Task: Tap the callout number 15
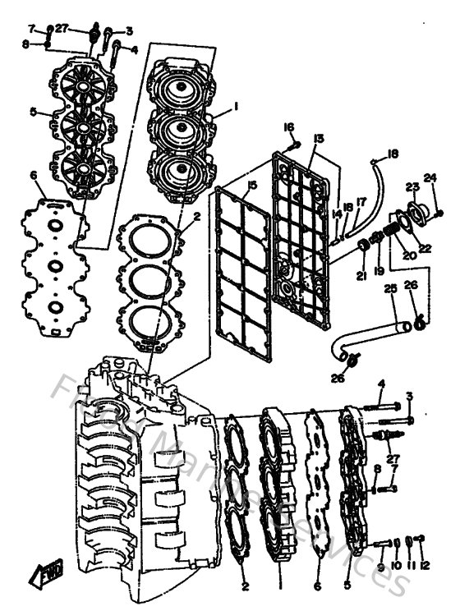[x=252, y=186]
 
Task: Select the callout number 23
[x=411, y=186]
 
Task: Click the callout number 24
[x=430, y=177]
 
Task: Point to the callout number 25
[x=390, y=289]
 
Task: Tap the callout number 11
[x=410, y=566]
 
